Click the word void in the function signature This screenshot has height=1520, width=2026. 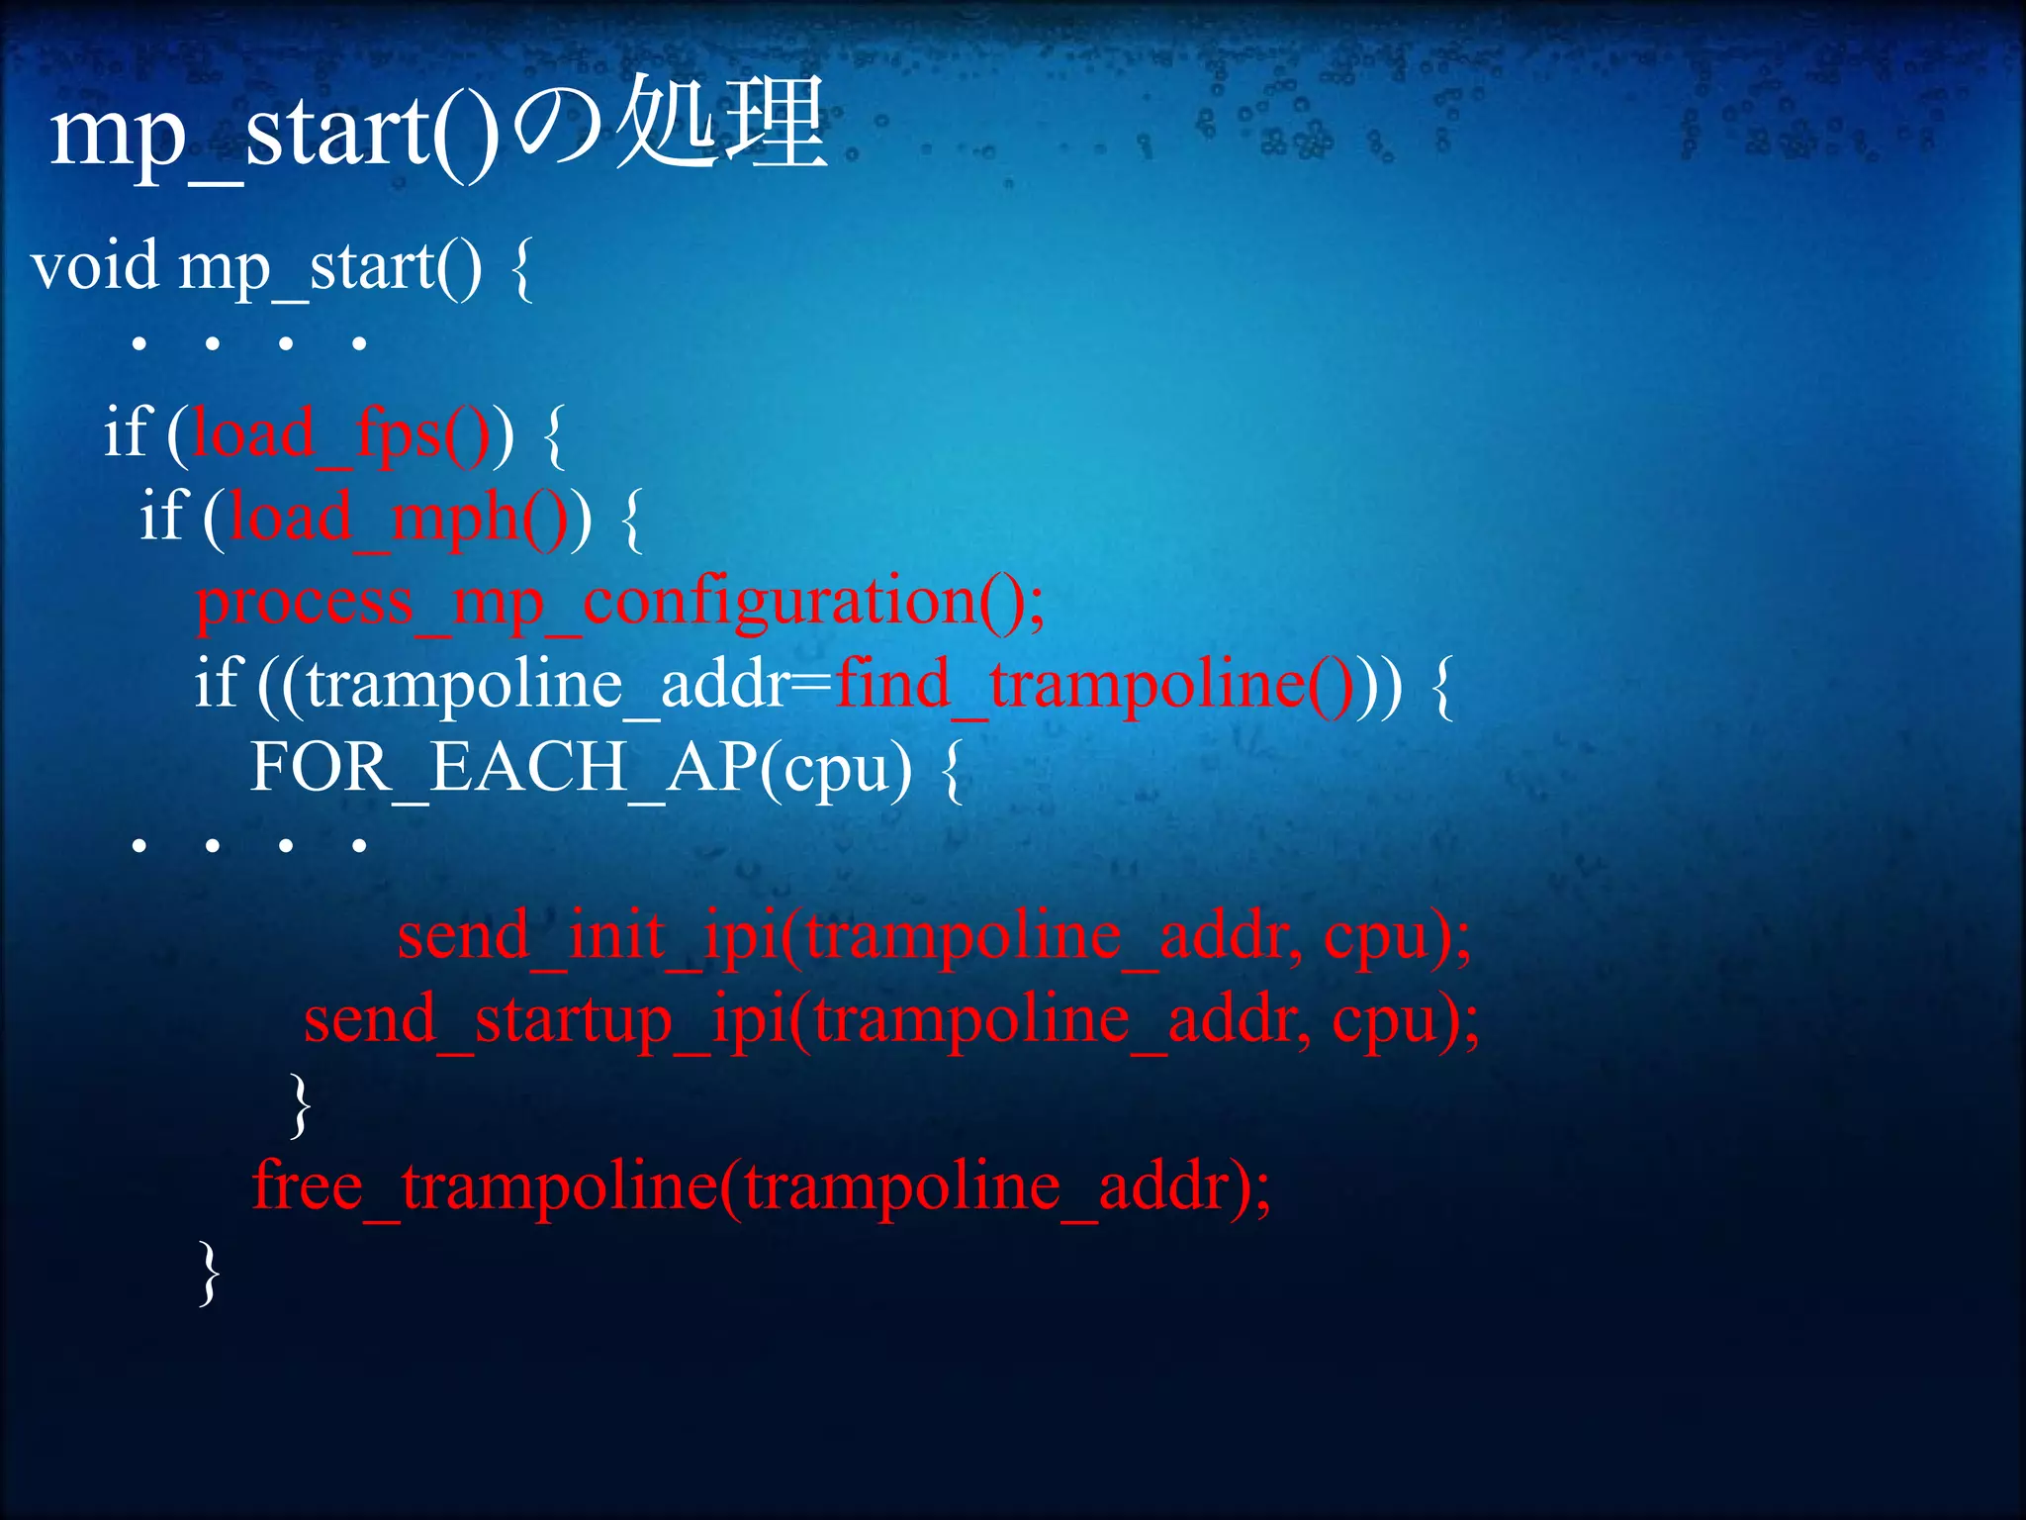coord(95,266)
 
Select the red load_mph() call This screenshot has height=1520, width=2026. coord(396,518)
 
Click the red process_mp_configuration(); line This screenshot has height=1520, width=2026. coord(619,602)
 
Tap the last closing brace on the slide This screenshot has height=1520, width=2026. coord(208,1273)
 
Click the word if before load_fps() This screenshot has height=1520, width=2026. coord(128,432)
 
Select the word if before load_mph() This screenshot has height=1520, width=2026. coord(164,516)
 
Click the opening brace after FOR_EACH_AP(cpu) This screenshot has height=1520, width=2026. coord(951,771)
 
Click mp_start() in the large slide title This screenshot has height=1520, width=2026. coord(273,134)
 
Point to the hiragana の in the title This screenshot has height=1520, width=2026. coord(559,129)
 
